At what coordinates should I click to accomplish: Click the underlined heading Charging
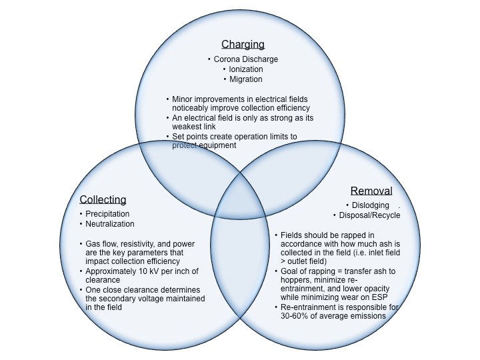pos(243,45)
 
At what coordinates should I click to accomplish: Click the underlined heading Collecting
pos(103,199)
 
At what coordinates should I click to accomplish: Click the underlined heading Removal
pos(371,191)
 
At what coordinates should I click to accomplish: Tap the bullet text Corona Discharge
pos(245,59)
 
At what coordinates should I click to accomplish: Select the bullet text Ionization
pos(245,69)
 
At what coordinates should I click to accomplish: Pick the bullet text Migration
pos(245,79)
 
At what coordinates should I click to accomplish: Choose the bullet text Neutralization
pos(110,224)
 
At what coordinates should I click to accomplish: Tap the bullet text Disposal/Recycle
pos(369,215)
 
